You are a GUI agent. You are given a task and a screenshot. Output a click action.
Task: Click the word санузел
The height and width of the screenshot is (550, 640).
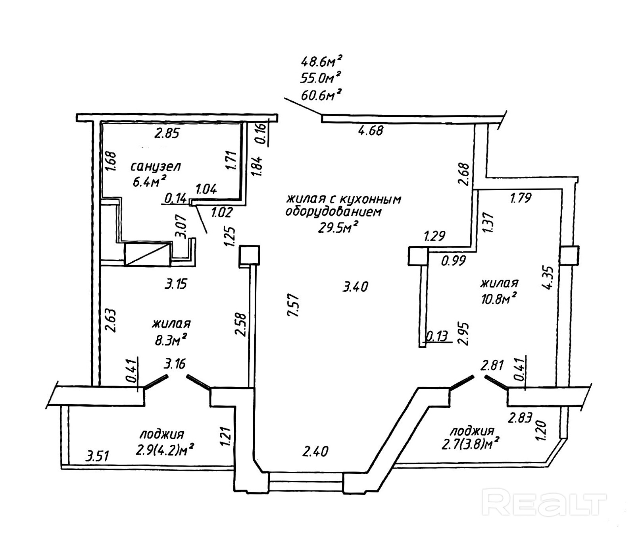coord(156,166)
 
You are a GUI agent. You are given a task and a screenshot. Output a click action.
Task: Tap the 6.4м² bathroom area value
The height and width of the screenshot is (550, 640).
coord(149,181)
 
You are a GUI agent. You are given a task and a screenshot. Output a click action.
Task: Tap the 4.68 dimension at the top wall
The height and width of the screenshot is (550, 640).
coord(371,130)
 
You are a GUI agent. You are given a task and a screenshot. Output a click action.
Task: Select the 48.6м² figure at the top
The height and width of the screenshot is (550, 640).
coord(322,62)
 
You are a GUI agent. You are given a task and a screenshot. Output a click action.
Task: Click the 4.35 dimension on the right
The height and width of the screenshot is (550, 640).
coord(550,278)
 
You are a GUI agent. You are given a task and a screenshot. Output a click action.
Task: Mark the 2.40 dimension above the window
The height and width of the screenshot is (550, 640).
coord(315,452)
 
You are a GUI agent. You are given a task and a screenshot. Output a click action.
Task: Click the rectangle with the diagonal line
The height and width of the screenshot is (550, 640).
coord(148,255)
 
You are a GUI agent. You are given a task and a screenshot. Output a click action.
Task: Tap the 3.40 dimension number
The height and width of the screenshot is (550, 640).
coord(356,286)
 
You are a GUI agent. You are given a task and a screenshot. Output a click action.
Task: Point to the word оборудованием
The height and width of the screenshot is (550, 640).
coord(334,212)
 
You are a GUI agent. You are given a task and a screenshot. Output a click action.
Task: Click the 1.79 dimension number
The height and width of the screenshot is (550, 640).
coord(520,198)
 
